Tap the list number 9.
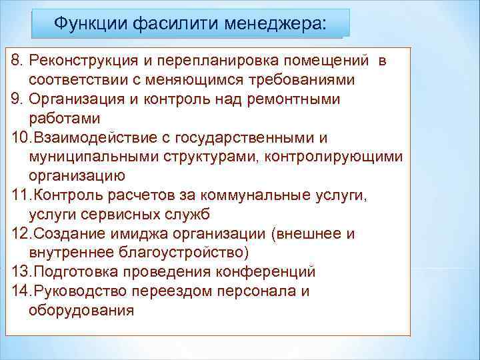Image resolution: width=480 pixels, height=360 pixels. click(x=17, y=100)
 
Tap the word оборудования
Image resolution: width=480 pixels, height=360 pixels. click(x=81, y=311)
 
